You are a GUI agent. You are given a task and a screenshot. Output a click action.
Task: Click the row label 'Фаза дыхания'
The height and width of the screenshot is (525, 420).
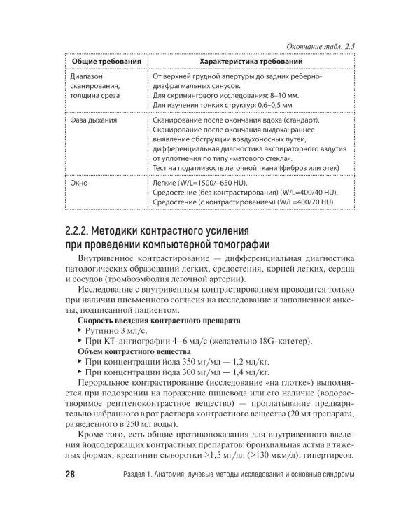coord(94,120)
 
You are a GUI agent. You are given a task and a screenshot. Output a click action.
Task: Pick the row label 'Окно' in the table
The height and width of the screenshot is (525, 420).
coord(80,183)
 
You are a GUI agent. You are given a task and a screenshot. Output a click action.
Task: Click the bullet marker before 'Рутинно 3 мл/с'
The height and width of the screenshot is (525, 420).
coord(79,330)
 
